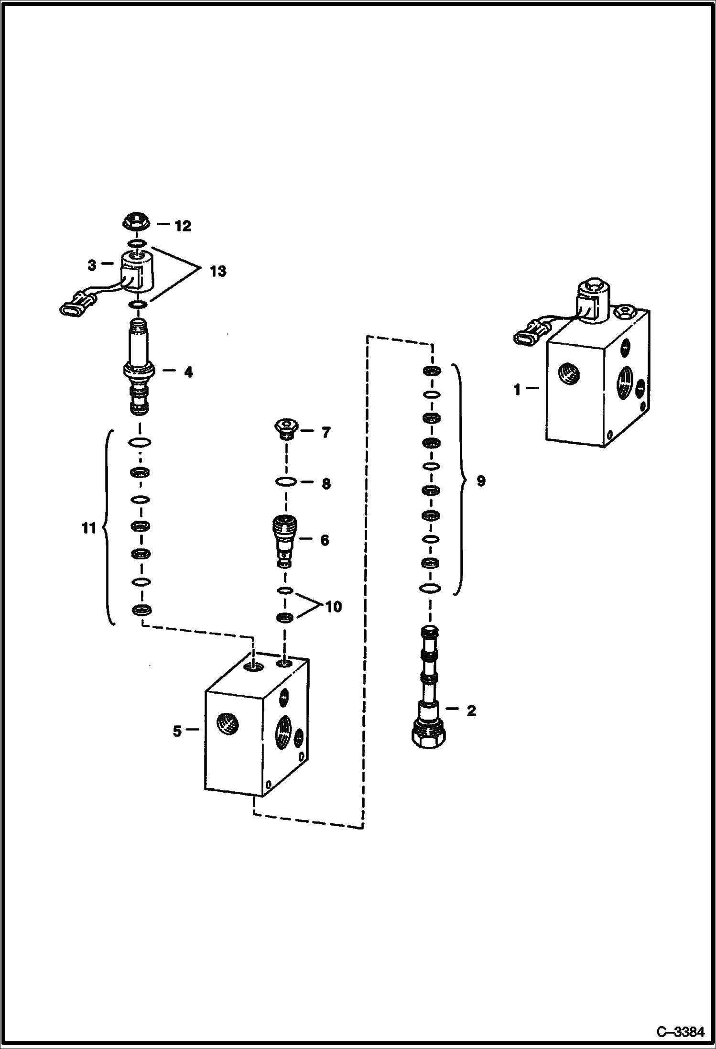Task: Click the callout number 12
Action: (x=182, y=226)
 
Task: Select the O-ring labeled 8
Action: (x=285, y=483)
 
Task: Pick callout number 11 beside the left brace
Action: (x=89, y=528)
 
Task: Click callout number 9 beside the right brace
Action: (x=480, y=481)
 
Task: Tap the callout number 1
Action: (x=517, y=390)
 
